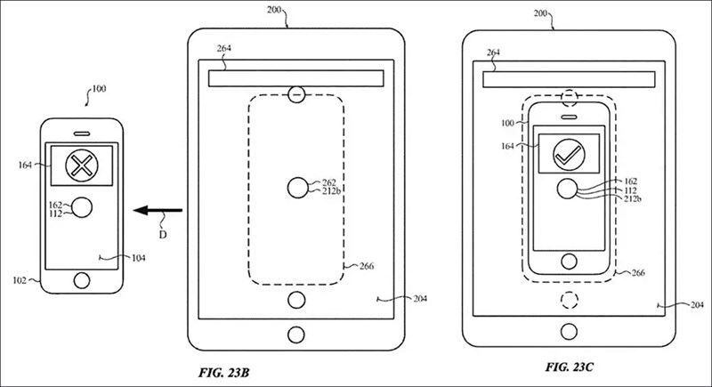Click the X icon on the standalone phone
81,165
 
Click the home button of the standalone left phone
82,281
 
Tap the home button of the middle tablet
295,334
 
